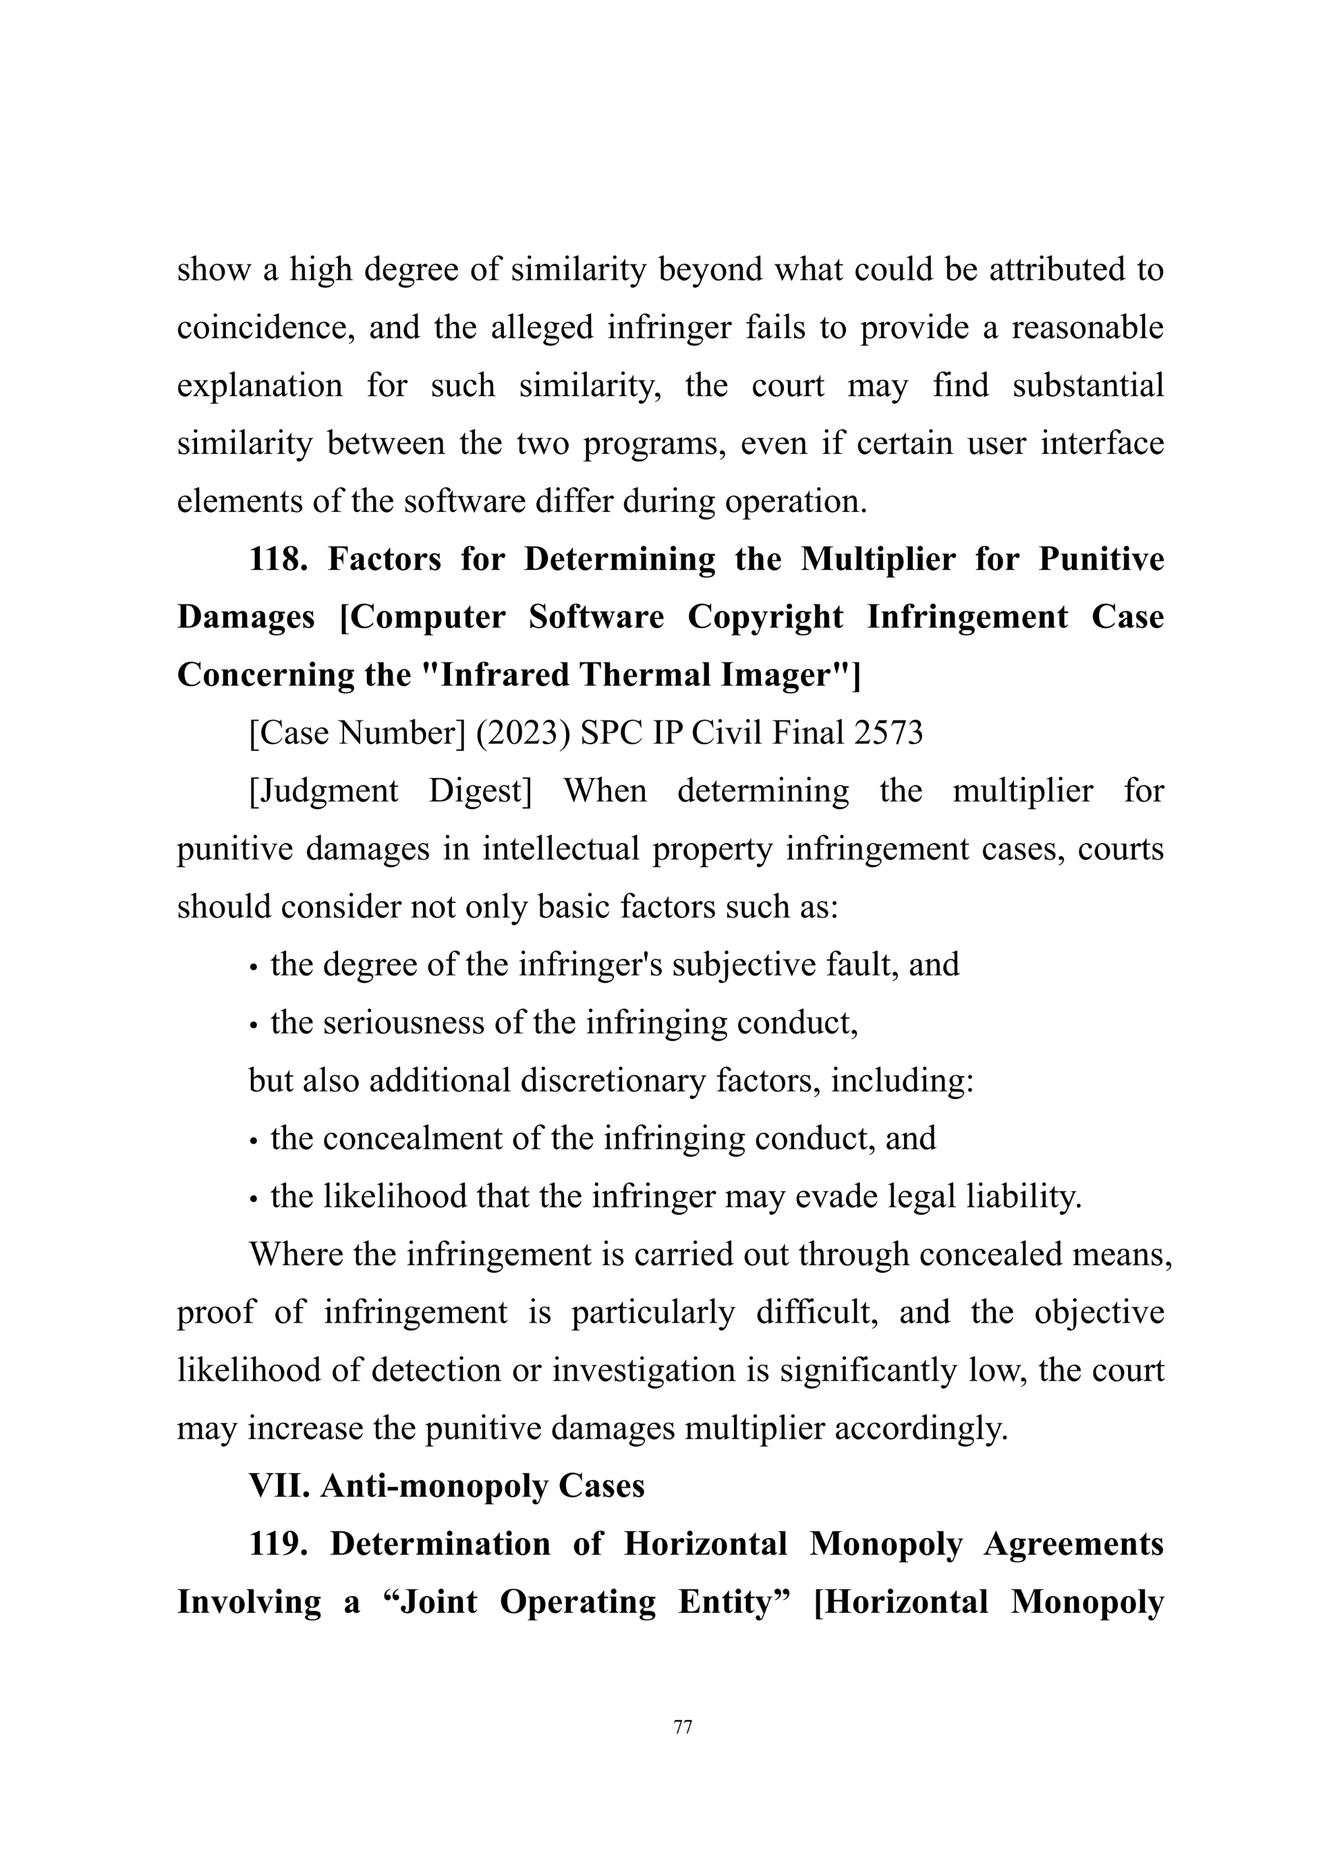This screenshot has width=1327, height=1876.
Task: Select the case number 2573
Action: click(x=887, y=733)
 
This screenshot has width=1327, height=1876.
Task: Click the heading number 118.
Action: click(x=277, y=559)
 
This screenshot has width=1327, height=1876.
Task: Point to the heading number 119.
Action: click(x=278, y=1544)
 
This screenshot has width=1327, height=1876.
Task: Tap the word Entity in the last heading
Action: click(x=725, y=1602)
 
